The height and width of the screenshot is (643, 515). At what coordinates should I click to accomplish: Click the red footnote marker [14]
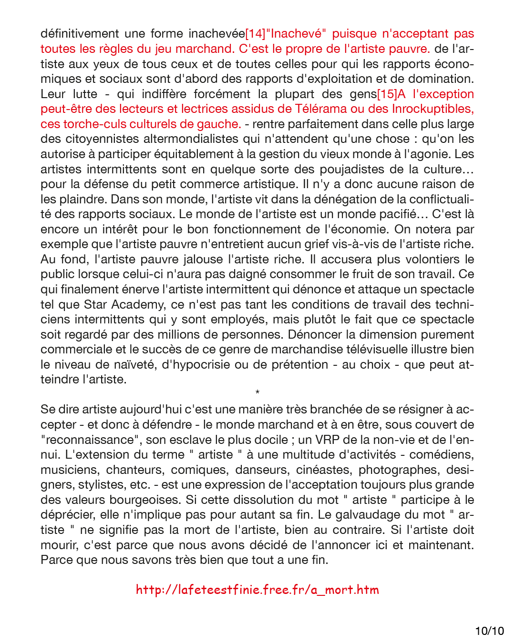(x=255, y=34)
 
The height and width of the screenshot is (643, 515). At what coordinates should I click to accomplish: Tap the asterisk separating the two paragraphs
(x=257, y=392)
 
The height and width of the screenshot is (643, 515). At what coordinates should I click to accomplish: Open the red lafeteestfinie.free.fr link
(x=257, y=590)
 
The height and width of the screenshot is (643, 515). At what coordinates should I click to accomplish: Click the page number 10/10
(x=489, y=631)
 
